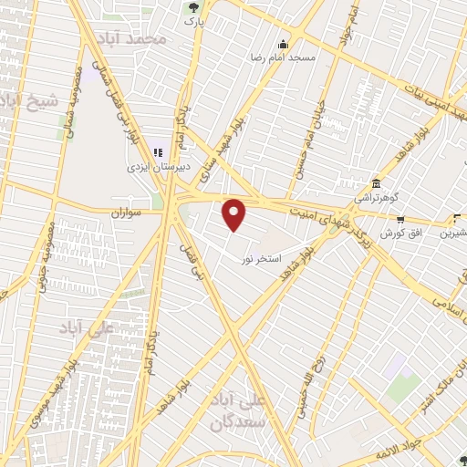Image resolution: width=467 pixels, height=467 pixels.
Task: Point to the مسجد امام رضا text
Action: tap(283, 57)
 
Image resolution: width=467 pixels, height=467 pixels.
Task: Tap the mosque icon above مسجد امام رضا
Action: tap(283, 43)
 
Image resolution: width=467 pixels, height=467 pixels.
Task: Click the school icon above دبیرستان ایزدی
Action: tap(158, 153)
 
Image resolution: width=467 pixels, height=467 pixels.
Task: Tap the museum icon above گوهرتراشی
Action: tap(375, 182)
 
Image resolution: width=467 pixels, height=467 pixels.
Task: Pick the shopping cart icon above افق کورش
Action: tap(401, 219)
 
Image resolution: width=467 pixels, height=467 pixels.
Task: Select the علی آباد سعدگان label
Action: tap(261, 413)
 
